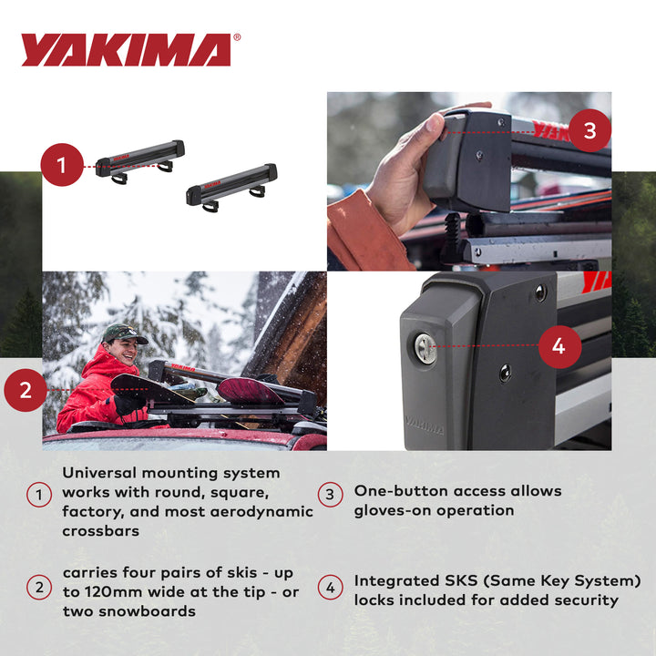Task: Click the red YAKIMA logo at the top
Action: (x=126, y=50)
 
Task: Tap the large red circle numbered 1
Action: (x=62, y=166)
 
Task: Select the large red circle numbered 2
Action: (x=26, y=390)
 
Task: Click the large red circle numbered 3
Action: (x=589, y=130)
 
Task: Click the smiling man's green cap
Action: (x=123, y=333)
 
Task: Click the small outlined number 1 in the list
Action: (x=38, y=495)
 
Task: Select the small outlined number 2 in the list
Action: (x=38, y=588)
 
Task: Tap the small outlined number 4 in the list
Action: (x=330, y=588)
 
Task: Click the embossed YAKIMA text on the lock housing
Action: (x=425, y=424)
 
